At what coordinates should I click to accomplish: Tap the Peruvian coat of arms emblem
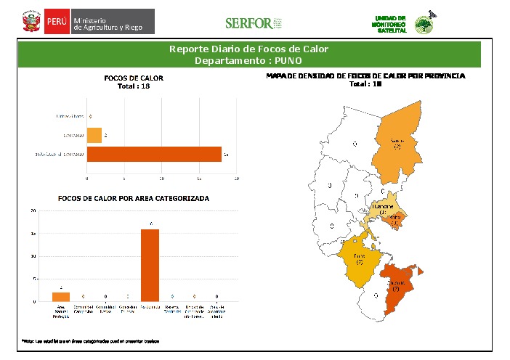(31, 22)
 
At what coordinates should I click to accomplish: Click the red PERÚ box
(56, 22)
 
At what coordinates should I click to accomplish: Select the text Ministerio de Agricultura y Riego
(113, 22)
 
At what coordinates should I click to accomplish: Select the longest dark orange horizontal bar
(154, 154)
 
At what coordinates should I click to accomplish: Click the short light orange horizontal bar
(94, 135)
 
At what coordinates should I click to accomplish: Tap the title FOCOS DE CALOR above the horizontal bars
(134, 78)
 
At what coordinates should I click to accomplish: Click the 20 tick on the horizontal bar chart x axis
(237, 178)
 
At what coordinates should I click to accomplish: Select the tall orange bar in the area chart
(150, 264)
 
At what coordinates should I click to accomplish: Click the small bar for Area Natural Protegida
(61, 296)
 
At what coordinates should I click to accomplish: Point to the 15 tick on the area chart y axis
(33, 234)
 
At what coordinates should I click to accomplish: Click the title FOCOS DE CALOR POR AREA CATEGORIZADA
(134, 198)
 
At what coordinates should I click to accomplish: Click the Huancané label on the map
(382, 208)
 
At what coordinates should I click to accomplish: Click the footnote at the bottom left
(90, 340)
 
